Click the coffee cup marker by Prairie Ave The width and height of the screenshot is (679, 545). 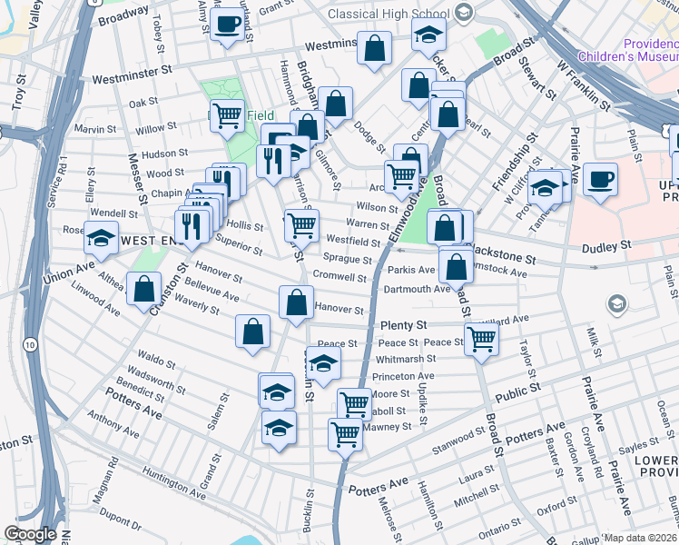pyautogui.click(x=600, y=180)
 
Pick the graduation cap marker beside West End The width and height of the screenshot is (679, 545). pyautogui.click(x=101, y=239)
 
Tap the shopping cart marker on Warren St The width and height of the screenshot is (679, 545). pyautogui.click(x=301, y=224)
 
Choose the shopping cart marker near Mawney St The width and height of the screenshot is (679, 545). pyautogui.click(x=345, y=434)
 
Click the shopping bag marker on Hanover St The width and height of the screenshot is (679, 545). pyautogui.click(x=296, y=303)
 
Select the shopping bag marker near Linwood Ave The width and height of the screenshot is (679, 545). pyautogui.click(x=144, y=290)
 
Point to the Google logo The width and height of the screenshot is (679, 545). pyautogui.click(x=30, y=534)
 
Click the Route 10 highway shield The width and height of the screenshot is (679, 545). pyautogui.click(x=32, y=345)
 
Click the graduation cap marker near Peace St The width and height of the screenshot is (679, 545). pyautogui.click(x=323, y=363)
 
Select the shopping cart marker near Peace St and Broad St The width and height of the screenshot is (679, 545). pyautogui.click(x=481, y=338)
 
